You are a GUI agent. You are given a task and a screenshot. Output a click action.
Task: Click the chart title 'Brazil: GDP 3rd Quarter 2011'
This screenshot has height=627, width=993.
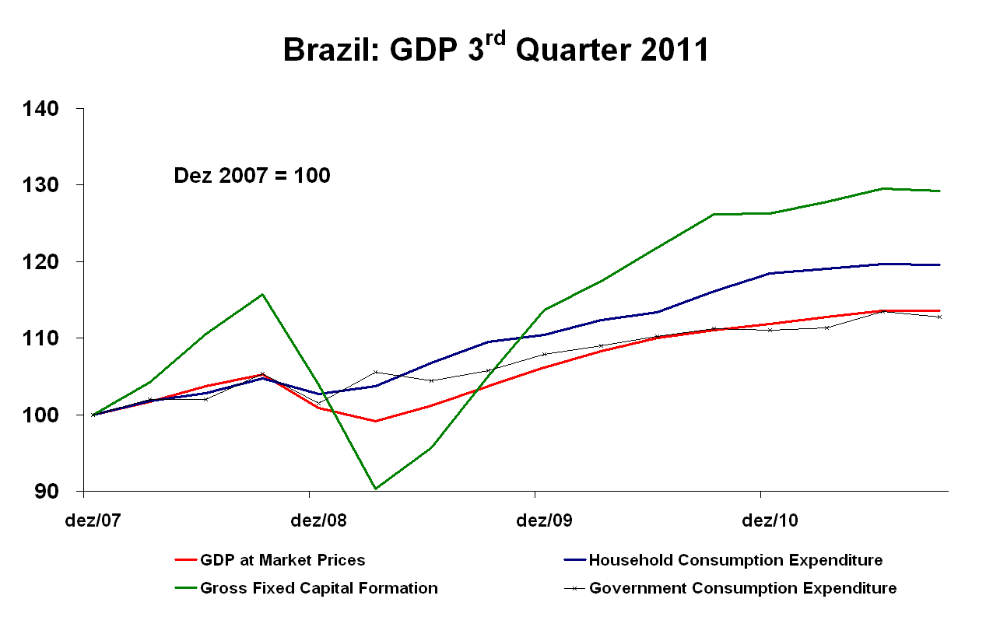pos(496,51)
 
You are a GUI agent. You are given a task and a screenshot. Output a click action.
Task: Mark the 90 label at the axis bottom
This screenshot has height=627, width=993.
pos(47,492)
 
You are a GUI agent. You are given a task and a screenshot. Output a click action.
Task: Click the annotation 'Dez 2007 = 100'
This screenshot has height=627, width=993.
pos(251,177)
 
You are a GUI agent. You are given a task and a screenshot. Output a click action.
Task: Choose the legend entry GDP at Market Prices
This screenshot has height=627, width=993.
pos(282,560)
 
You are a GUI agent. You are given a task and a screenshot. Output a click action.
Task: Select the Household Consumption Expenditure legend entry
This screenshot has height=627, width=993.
pos(735,560)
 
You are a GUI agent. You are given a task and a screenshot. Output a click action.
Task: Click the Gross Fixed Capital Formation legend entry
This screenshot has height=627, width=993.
pos(318,588)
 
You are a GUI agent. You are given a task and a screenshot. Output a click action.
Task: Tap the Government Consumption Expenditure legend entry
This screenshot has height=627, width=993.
pos(742,588)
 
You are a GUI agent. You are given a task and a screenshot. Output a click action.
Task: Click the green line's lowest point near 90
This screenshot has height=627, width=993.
pos(376,489)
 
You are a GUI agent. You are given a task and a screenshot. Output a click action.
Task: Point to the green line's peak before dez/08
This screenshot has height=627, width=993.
pos(263,294)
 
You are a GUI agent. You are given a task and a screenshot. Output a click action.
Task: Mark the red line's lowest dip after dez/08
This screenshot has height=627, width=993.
pos(376,421)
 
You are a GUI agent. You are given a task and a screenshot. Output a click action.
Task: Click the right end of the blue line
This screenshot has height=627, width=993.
pos(940,264)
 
